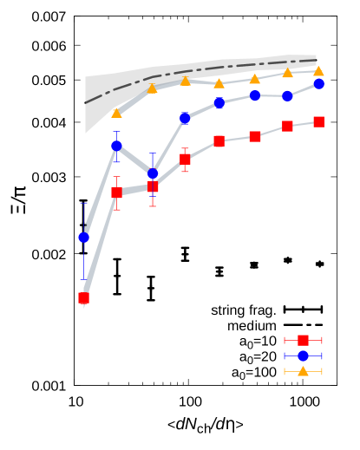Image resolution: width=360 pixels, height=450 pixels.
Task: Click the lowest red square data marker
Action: coord(84,298)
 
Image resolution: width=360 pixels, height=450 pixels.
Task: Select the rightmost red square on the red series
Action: coord(318,122)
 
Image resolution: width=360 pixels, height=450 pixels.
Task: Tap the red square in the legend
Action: coord(303,340)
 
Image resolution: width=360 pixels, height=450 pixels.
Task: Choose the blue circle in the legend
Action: coord(303,355)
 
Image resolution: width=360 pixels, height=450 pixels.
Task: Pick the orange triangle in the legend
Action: coord(303,371)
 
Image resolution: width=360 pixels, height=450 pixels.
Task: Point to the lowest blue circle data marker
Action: coord(84,238)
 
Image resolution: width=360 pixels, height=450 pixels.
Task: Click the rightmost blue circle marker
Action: coord(318,84)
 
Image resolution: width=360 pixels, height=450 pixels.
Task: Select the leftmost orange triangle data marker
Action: coord(116,113)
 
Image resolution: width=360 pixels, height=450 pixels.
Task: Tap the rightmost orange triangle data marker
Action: coord(318,71)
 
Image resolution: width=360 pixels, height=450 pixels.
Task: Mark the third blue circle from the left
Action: coord(153,173)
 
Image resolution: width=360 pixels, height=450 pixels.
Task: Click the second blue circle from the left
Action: coord(116,146)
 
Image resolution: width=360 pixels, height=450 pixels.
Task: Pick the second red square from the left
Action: coord(116,192)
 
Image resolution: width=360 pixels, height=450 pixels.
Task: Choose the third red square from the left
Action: coord(153,186)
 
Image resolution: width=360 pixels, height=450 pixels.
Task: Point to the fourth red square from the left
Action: coord(185,159)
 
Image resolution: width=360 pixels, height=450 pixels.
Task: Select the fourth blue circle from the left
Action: coord(185,118)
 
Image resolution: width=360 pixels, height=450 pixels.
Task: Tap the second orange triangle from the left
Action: coord(153,88)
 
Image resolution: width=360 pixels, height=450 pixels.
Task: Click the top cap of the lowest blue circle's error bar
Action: coord(84,204)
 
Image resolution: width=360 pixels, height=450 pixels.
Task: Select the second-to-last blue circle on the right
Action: coord(287,95)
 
